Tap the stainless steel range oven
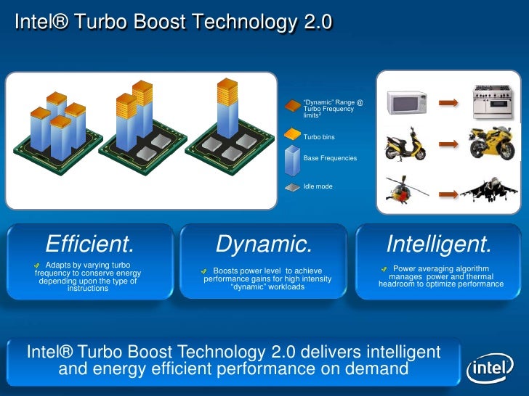click(x=493, y=102)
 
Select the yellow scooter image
click(x=405, y=145)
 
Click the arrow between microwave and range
click(x=448, y=103)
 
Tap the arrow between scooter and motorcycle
click(x=448, y=145)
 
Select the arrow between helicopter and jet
click(x=448, y=193)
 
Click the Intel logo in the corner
click(x=490, y=370)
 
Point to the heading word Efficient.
click(x=90, y=243)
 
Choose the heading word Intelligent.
click(x=439, y=243)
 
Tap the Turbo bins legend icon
click(x=291, y=136)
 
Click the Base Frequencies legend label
click(x=330, y=158)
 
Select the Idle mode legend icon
click(x=291, y=186)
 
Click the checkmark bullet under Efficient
click(x=38, y=265)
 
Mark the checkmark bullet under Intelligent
click(x=385, y=269)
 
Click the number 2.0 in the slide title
click(x=318, y=23)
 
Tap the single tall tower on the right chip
click(x=227, y=112)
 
